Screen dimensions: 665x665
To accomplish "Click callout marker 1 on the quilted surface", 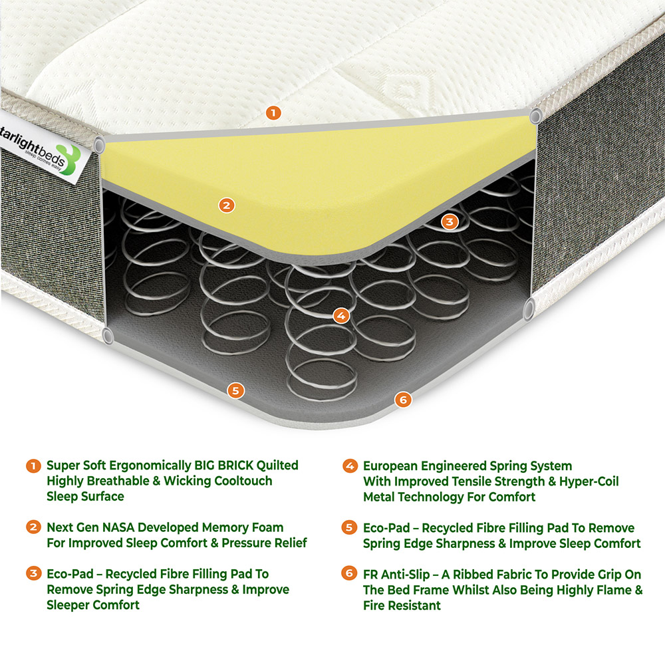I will (x=273, y=112).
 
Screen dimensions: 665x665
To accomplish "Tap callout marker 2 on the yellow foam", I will (x=227, y=205).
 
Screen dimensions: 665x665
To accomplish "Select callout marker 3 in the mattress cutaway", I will (x=450, y=221).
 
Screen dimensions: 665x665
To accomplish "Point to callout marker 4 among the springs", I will (x=340, y=316).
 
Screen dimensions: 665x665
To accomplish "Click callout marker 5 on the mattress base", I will (x=234, y=390).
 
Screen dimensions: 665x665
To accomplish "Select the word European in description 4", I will (x=394, y=465).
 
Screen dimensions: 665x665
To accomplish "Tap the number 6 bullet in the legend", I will (x=349, y=574).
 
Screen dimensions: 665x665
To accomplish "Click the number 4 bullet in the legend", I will (x=349, y=465).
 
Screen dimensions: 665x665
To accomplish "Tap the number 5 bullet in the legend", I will (x=349, y=527).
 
